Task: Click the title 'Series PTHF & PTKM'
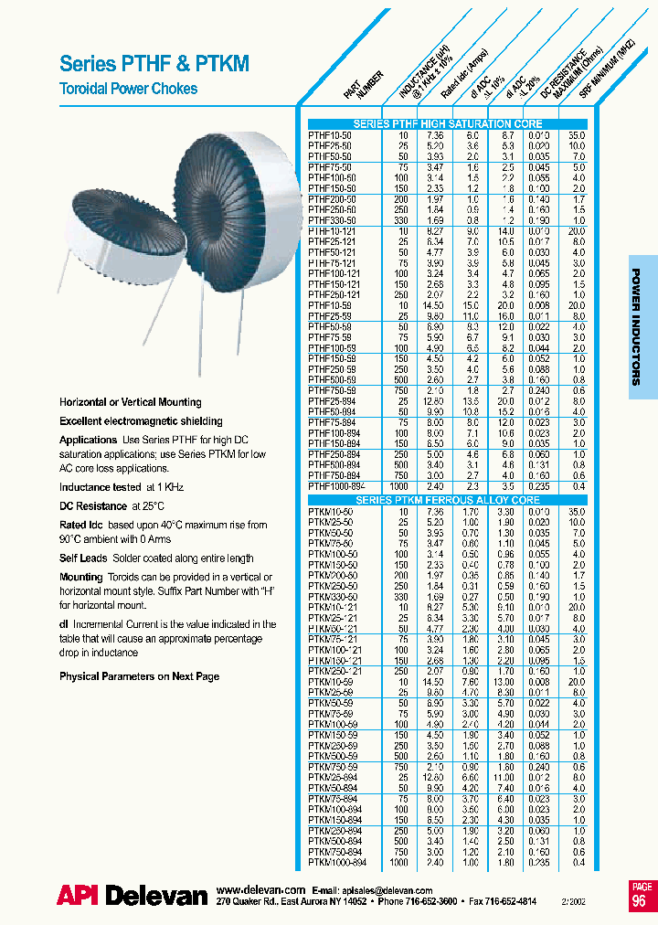click(x=154, y=63)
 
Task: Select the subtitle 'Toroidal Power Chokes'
click(x=128, y=89)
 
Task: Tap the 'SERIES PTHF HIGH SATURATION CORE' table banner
click(x=448, y=123)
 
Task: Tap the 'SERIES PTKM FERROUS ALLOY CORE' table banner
click(x=448, y=501)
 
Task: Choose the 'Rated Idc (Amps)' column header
click(x=462, y=87)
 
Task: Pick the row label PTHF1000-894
click(x=337, y=487)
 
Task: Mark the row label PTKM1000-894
click(x=337, y=862)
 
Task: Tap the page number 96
click(x=642, y=901)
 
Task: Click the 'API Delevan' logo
click(x=132, y=897)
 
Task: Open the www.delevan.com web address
click(x=261, y=889)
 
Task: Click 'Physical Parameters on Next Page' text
click(x=139, y=676)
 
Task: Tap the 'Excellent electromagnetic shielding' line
click(x=141, y=421)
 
